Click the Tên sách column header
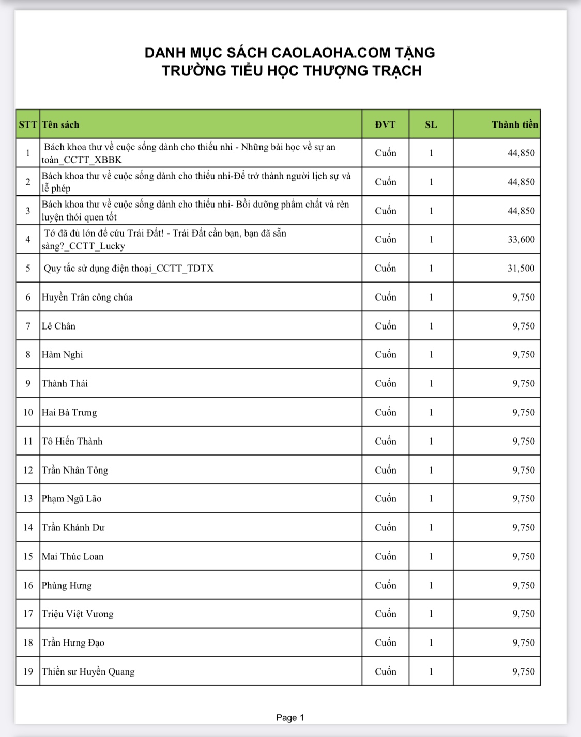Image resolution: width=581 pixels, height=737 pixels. point(60,124)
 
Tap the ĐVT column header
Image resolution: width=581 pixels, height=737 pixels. point(385,124)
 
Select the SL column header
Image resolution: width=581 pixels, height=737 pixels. point(431,124)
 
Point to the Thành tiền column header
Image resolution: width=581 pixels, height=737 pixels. point(514,124)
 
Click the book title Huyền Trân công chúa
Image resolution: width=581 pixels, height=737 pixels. point(87,297)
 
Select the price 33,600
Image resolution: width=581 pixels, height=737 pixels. point(521,239)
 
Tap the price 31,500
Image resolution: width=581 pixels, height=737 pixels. point(521,268)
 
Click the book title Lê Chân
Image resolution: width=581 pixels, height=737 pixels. point(58,326)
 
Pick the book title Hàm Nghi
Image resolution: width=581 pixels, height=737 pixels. point(62,355)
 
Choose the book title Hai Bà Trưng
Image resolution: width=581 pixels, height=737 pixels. point(69,412)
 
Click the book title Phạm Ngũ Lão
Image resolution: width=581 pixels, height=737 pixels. point(71,498)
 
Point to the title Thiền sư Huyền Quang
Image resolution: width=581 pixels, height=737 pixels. point(88,671)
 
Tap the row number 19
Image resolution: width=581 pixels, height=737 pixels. point(28,671)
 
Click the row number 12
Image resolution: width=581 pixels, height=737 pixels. point(28,470)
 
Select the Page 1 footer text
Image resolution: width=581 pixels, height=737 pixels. point(290,717)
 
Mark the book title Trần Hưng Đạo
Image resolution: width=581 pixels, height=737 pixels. point(73,642)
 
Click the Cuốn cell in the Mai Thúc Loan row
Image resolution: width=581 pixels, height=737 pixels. point(386,556)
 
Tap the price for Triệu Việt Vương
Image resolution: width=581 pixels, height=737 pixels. point(524,614)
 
